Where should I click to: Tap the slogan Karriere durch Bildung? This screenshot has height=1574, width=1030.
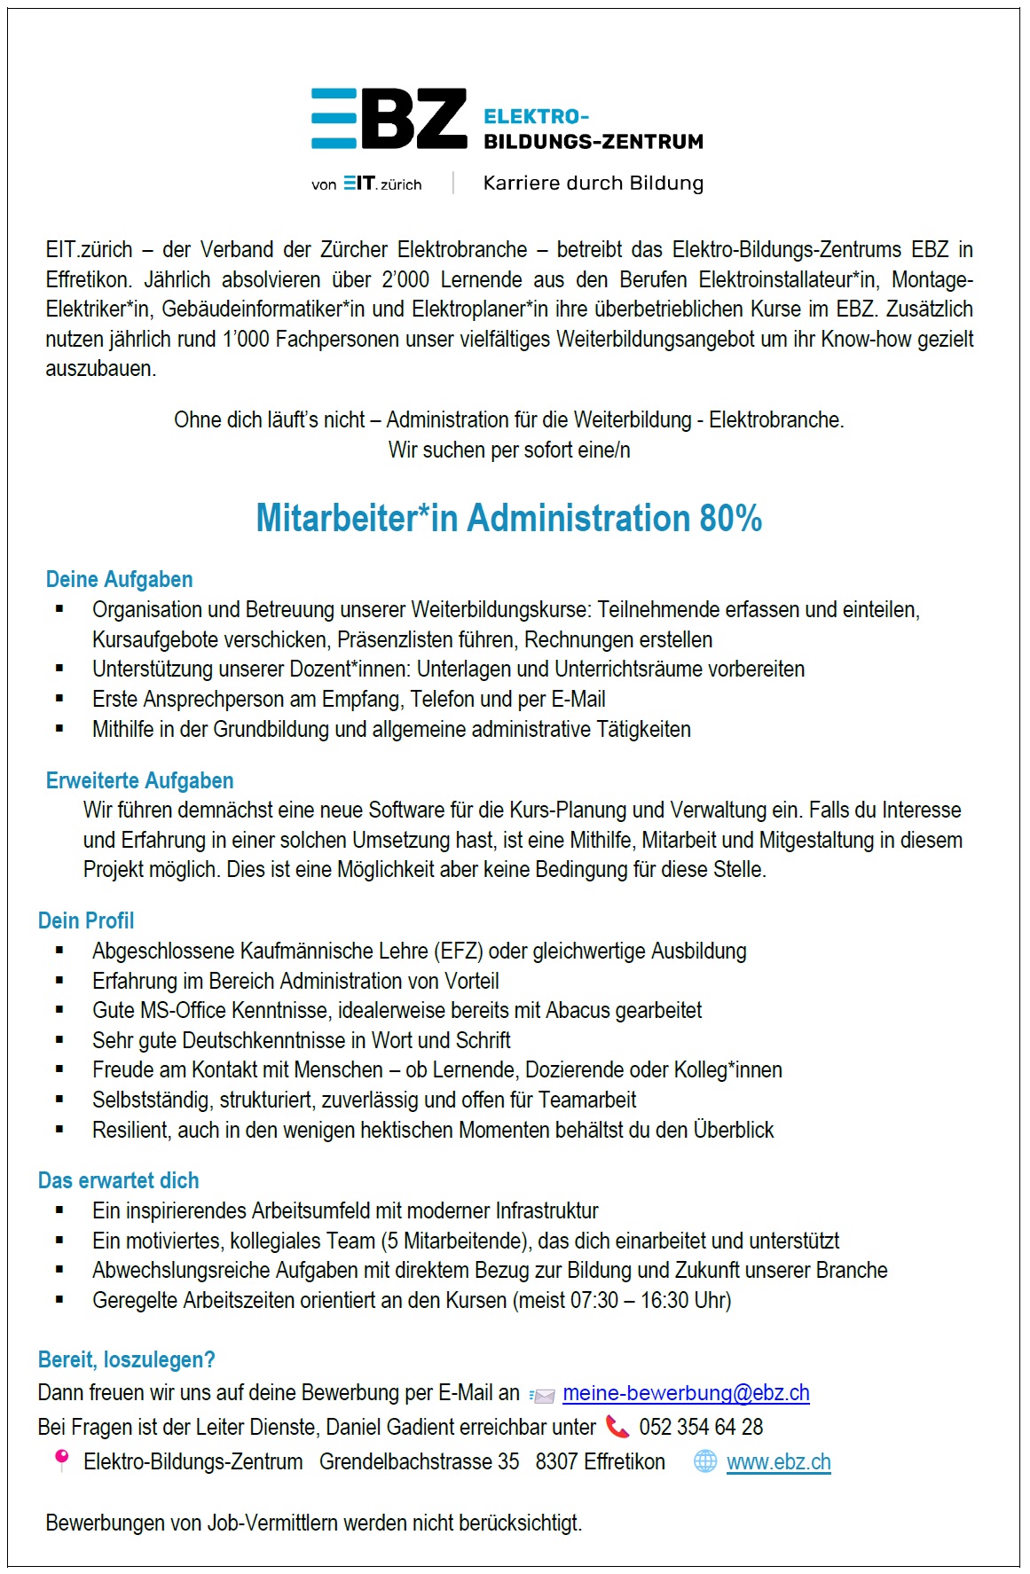pos(593,184)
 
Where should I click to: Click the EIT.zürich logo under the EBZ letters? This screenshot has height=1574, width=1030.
pos(382,184)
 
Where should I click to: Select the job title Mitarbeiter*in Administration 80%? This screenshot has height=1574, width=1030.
pos(508,519)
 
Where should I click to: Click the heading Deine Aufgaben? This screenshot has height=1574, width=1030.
pos(119,580)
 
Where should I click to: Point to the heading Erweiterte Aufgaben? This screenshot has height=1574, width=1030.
pos(139,781)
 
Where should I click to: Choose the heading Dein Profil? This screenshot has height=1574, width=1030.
pos(86,921)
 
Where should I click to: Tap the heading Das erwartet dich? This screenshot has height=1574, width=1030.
pos(118,1181)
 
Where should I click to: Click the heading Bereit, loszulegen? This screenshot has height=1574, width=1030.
pos(126,1360)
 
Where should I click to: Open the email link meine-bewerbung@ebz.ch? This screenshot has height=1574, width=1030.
pos(686,1393)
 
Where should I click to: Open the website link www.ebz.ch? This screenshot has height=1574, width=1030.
pos(778,1462)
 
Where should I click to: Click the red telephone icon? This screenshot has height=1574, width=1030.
pos(617,1427)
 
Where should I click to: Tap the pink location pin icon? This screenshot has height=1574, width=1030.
pos(61,1460)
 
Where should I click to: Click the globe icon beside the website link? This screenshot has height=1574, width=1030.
pos(705,1461)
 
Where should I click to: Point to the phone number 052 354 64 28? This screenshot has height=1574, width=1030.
pos(701,1428)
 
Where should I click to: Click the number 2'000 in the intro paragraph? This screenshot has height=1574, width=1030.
pos(405,280)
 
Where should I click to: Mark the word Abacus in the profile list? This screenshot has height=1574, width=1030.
pos(578,1011)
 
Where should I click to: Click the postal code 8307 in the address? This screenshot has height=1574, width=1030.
pos(553,1462)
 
